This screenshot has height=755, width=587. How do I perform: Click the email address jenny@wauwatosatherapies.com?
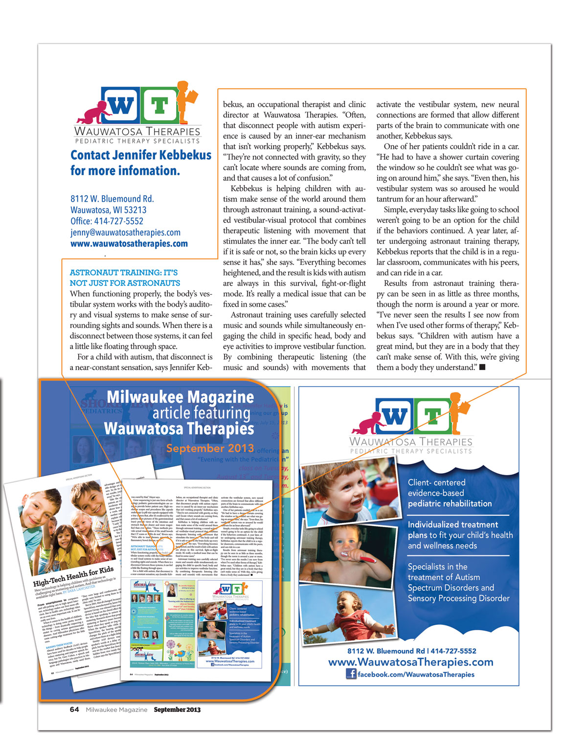(125, 232)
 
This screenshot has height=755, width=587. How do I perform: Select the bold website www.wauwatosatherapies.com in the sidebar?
(129, 244)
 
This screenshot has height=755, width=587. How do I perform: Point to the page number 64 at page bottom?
(74, 709)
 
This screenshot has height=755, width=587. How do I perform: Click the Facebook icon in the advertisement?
(351, 674)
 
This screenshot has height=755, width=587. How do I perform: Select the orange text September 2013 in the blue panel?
(210, 448)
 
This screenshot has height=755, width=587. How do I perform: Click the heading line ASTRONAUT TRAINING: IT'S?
(124, 273)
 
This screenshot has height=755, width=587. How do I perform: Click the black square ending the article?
(482, 367)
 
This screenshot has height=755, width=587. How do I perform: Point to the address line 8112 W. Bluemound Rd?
(112, 199)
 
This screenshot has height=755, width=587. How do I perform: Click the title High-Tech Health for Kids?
(73, 577)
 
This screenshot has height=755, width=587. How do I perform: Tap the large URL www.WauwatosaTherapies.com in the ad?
(410, 662)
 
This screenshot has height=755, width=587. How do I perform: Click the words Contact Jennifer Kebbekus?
(141, 155)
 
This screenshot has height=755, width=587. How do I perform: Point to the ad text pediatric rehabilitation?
(450, 503)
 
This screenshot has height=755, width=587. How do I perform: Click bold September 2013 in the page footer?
(177, 709)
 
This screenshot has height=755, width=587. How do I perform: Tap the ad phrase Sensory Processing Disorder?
(458, 598)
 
